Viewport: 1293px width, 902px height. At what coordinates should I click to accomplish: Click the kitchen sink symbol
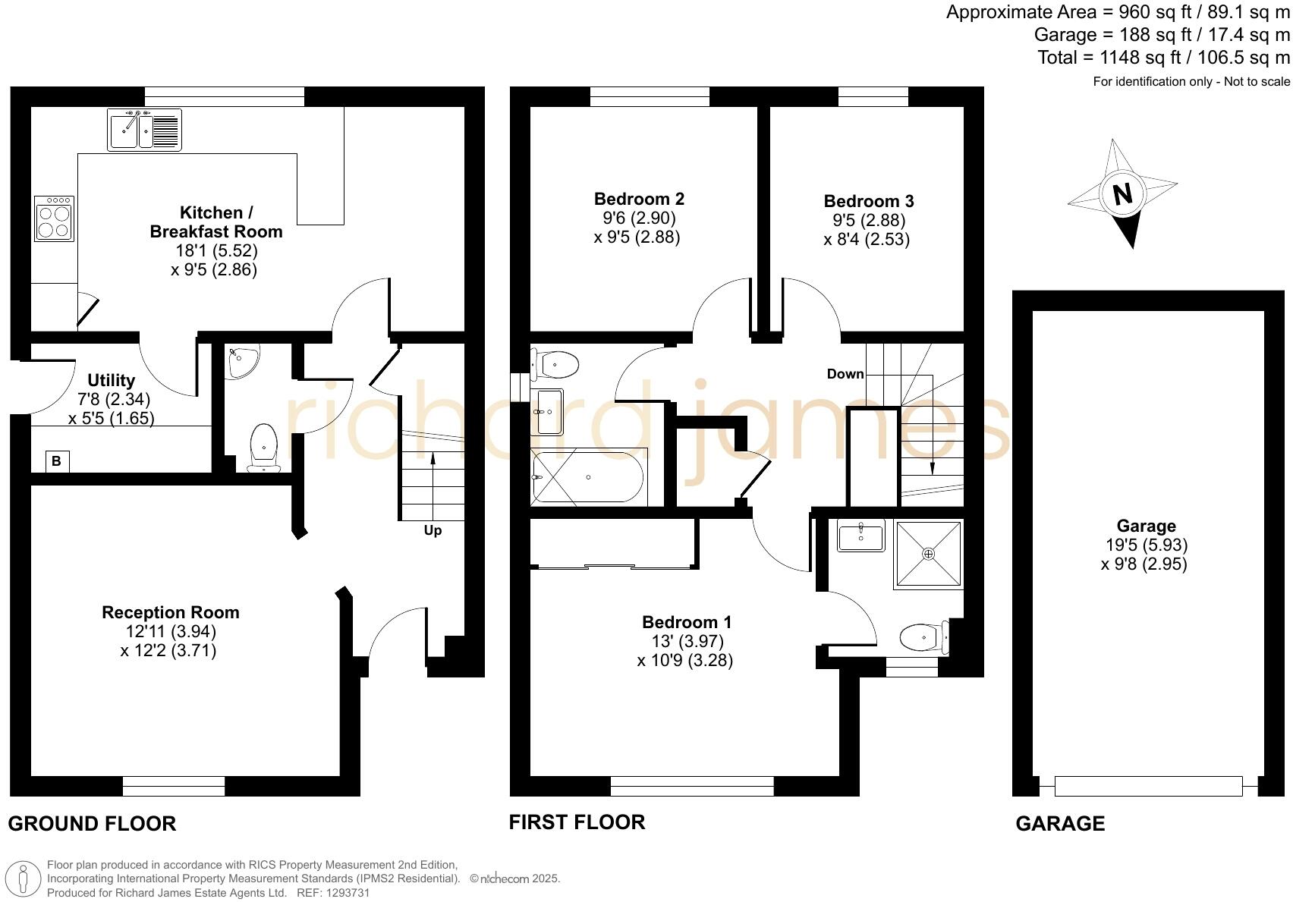pyautogui.click(x=144, y=130)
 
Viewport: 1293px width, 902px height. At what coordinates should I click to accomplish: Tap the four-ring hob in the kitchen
pyautogui.click(x=54, y=219)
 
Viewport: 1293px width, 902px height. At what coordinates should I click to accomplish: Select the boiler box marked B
pyautogui.click(x=57, y=460)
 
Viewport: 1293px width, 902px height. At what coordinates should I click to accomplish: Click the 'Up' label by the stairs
pyautogui.click(x=433, y=530)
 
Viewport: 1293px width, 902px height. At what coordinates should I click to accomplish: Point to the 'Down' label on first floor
pyautogui.click(x=845, y=374)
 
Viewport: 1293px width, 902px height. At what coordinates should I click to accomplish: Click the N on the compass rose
pyautogui.click(x=1122, y=194)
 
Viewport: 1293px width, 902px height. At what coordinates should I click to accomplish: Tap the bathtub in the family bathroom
pyautogui.click(x=588, y=477)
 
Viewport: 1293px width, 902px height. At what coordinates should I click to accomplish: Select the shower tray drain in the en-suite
pyautogui.click(x=929, y=554)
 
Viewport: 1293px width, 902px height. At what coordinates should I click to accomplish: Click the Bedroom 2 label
pyautogui.click(x=639, y=199)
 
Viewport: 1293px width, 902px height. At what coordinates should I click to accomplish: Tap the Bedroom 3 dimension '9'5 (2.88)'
pyautogui.click(x=868, y=220)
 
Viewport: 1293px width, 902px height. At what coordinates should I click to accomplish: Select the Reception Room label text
pyautogui.click(x=170, y=612)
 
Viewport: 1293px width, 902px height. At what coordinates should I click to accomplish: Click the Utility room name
pyautogui.click(x=111, y=380)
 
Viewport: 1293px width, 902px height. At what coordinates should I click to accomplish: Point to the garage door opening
pyautogui.click(x=1147, y=786)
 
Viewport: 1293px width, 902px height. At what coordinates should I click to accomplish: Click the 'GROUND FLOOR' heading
pyautogui.click(x=92, y=824)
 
